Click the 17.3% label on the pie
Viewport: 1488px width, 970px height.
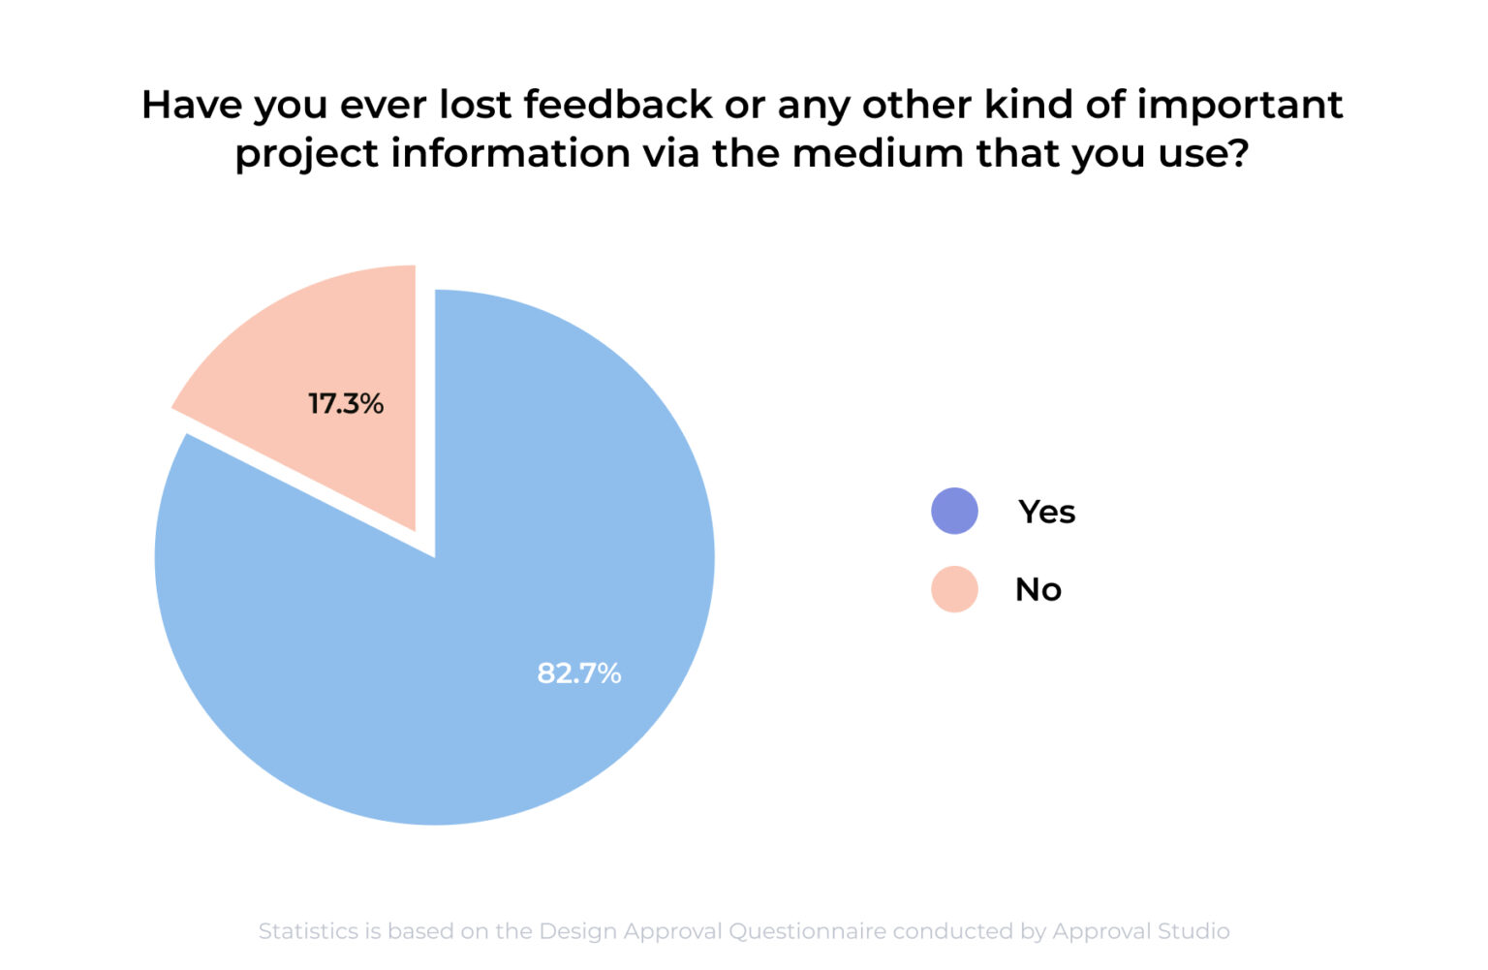(x=346, y=403)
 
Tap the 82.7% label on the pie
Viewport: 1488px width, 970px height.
(x=579, y=673)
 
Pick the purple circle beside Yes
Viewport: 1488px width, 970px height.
(x=954, y=511)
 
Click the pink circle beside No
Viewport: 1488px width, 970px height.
(x=954, y=589)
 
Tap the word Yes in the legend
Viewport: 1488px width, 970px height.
(x=1046, y=512)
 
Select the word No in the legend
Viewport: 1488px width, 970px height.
(x=1038, y=589)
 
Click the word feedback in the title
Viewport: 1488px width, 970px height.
(x=618, y=105)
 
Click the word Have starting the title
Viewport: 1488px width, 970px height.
(x=192, y=105)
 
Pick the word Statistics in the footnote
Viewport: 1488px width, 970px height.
(x=308, y=931)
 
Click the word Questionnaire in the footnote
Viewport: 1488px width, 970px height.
(x=807, y=931)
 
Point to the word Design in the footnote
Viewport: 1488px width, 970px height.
(x=578, y=931)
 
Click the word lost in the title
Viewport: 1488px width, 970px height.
(x=475, y=105)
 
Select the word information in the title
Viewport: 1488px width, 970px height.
(x=511, y=153)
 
